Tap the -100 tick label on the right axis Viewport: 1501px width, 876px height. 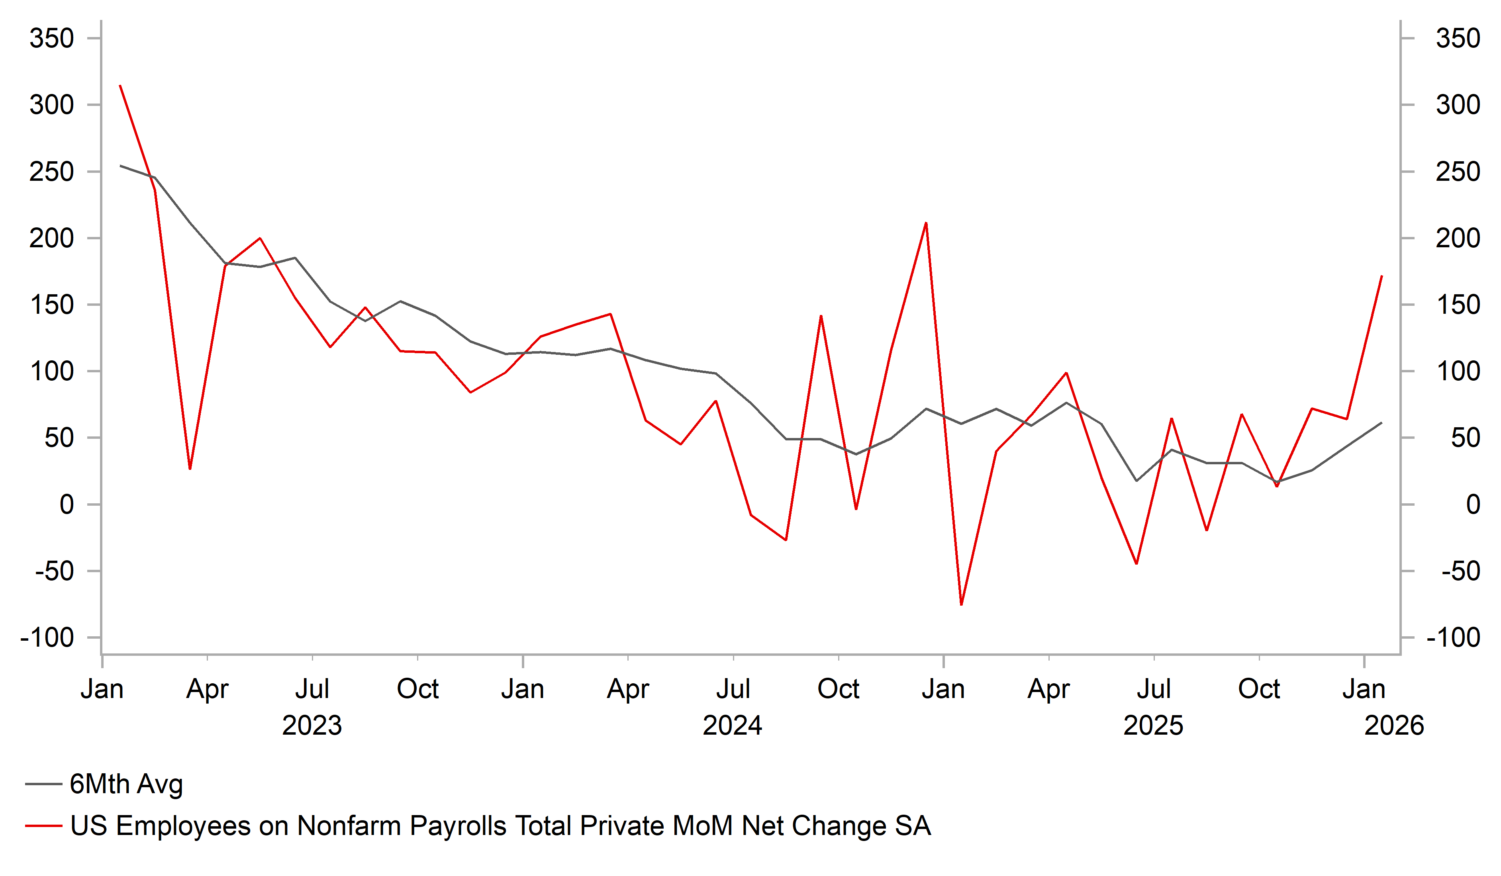pos(1453,638)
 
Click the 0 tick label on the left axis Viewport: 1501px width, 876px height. pos(66,505)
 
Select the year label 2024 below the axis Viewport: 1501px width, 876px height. pos(732,726)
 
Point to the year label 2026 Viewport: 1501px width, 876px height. pos(1394,726)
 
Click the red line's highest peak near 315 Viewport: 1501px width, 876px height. pos(120,86)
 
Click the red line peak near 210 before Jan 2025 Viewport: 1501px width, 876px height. pos(926,223)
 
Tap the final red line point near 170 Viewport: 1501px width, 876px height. pos(1382,276)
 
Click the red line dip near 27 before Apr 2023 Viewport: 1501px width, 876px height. pos(190,469)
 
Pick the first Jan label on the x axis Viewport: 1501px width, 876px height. pos(102,690)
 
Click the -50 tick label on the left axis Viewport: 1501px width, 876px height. pos(55,572)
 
